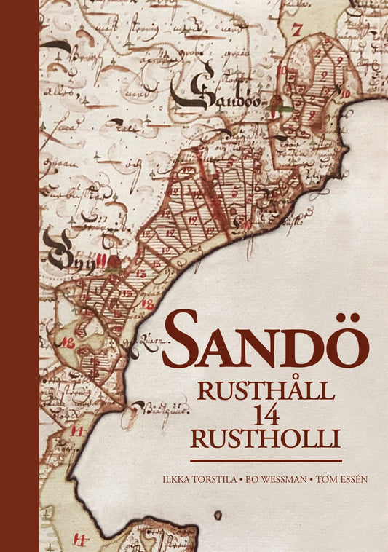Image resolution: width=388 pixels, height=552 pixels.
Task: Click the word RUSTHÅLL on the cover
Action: click(266, 390)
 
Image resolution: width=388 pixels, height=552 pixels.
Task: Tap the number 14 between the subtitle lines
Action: click(265, 415)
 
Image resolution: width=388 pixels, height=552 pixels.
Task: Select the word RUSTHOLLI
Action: click(266, 440)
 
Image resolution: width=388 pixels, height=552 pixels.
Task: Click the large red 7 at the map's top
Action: click(296, 30)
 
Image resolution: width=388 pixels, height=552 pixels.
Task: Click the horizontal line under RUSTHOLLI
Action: click(266, 461)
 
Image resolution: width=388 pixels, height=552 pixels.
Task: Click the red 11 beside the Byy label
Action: click(100, 259)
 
